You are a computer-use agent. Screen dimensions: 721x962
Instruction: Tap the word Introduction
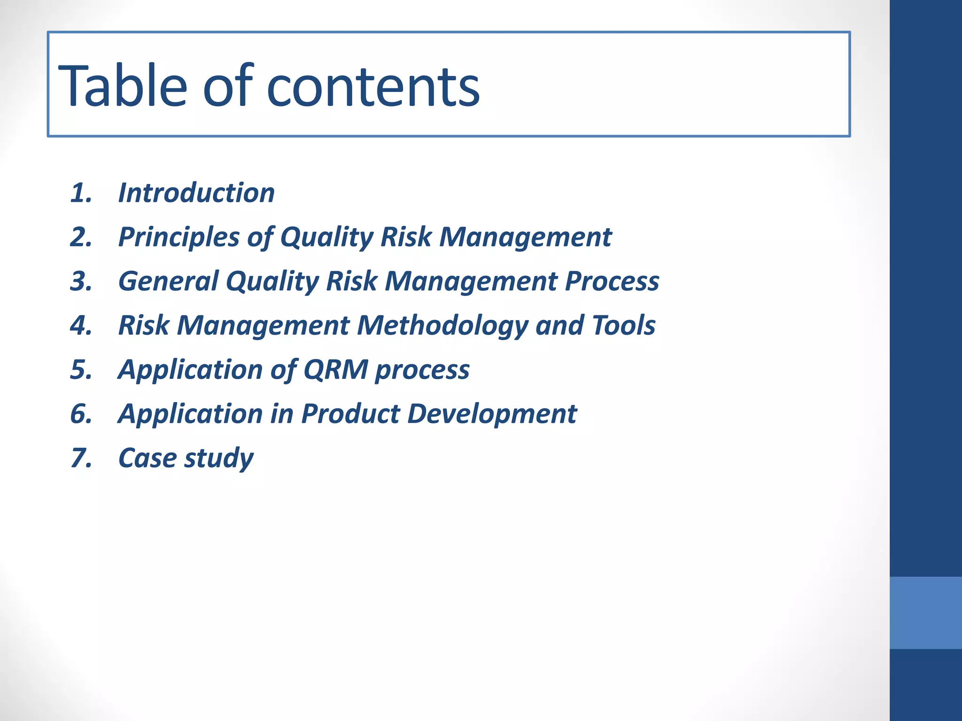tap(196, 193)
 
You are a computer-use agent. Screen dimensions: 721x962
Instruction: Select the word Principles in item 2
tap(179, 237)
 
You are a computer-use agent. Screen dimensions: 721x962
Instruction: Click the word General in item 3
tap(168, 281)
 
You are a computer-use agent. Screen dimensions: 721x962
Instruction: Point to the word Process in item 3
tap(612, 281)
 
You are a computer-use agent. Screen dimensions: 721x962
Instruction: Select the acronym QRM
tap(335, 369)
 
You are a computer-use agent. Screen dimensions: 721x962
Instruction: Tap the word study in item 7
tap(219, 459)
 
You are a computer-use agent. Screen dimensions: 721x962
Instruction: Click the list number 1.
tap(81, 193)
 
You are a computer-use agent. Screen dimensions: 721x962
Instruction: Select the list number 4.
tap(81, 325)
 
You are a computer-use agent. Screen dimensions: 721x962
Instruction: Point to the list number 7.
tap(81, 458)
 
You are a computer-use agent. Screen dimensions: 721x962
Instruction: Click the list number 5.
tap(81, 369)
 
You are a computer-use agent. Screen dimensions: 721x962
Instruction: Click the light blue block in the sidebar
tap(925, 613)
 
